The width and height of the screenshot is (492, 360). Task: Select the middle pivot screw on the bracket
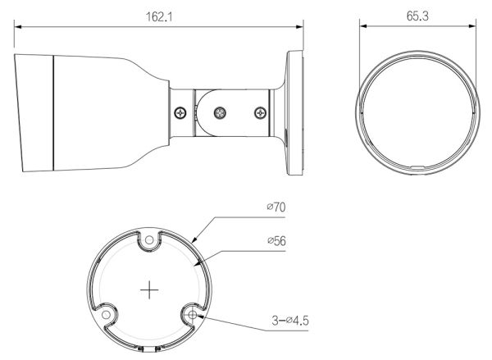pyautogui.click(x=220, y=112)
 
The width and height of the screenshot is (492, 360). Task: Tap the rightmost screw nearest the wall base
pyautogui.click(x=260, y=112)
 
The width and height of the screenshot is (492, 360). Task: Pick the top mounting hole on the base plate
pyautogui.click(x=148, y=241)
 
